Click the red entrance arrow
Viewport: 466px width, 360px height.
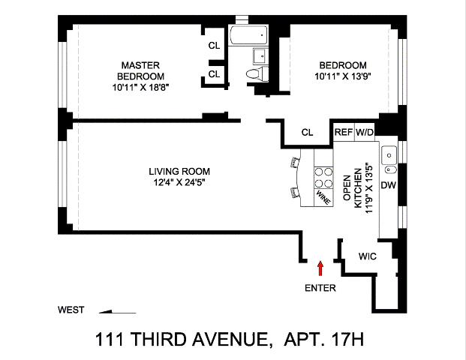point(320,268)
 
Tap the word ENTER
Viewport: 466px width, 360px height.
point(320,288)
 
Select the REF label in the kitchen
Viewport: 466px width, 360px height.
point(344,132)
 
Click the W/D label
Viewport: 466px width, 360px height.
point(365,132)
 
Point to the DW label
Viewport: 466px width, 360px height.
point(389,185)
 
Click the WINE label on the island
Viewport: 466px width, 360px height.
point(323,197)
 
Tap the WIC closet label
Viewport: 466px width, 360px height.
point(368,256)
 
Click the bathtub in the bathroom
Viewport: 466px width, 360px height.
point(248,35)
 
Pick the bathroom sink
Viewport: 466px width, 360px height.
point(260,56)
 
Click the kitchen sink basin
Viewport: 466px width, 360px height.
point(389,154)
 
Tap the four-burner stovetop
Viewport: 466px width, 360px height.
point(323,177)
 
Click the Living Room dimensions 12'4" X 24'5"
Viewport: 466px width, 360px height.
point(179,182)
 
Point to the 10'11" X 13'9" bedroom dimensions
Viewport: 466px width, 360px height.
point(343,76)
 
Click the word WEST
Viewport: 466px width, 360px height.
point(71,310)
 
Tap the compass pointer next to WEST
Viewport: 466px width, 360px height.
point(117,311)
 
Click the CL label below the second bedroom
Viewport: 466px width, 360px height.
point(308,132)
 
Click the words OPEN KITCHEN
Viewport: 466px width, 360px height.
point(353,188)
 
